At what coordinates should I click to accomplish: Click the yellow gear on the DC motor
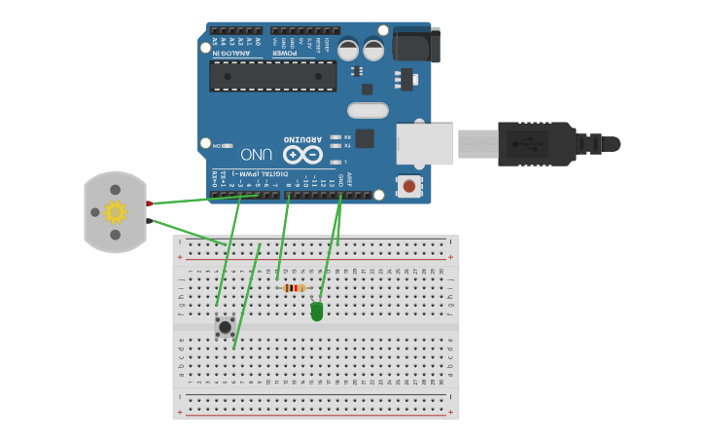point(115,211)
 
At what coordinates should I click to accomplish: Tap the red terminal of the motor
point(149,203)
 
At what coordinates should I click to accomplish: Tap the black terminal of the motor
point(149,221)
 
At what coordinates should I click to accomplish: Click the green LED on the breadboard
point(317,312)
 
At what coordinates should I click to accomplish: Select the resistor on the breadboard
point(294,287)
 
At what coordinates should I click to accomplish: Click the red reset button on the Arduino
point(408,185)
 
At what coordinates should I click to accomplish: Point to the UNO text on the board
point(256,154)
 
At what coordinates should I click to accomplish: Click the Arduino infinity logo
point(302,155)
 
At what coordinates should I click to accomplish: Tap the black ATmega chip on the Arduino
point(272,76)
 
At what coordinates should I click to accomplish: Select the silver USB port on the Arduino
point(425,143)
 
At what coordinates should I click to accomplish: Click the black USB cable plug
point(536,143)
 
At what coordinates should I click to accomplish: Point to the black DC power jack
point(416,45)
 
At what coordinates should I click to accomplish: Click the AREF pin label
point(349,179)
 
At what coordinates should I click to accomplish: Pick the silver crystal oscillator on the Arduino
point(368,110)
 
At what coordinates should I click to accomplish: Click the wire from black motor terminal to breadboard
point(190,233)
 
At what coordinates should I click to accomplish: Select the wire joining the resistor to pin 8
point(283,238)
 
